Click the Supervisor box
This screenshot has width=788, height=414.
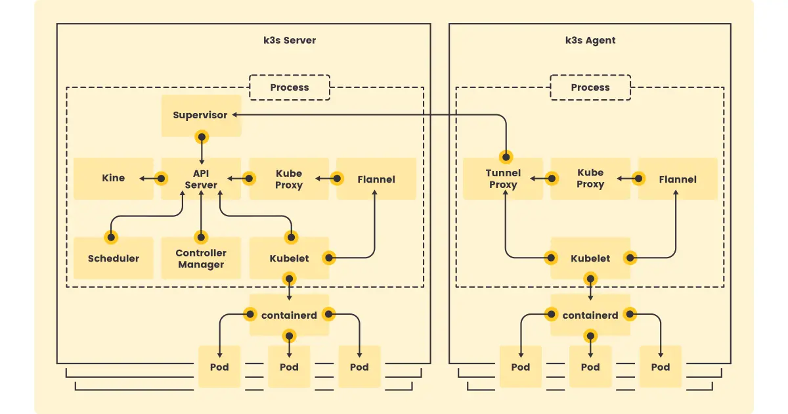pos(200,116)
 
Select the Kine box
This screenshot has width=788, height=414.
pos(113,178)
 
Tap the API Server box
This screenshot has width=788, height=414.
pos(201,179)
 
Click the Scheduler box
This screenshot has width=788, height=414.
pos(113,258)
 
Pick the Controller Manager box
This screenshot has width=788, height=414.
pos(201,258)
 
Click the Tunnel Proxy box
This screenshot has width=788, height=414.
pos(503,179)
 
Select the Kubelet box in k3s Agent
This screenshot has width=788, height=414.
pos(590,258)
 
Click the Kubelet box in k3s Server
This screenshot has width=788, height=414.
pos(289,258)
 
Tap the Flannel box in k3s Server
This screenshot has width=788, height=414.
pos(376,179)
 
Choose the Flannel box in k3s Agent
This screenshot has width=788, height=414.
pos(678,179)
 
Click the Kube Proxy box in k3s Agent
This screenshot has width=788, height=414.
pos(590,179)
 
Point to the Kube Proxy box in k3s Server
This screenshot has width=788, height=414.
pos(289,179)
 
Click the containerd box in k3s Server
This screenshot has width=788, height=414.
pos(289,315)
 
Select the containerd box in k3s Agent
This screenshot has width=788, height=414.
pos(590,315)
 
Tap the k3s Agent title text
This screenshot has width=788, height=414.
pos(590,40)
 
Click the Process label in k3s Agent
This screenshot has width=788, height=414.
pos(590,87)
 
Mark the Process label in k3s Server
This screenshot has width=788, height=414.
pos(290,87)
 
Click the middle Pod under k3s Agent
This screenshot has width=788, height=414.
pos(590,367)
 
